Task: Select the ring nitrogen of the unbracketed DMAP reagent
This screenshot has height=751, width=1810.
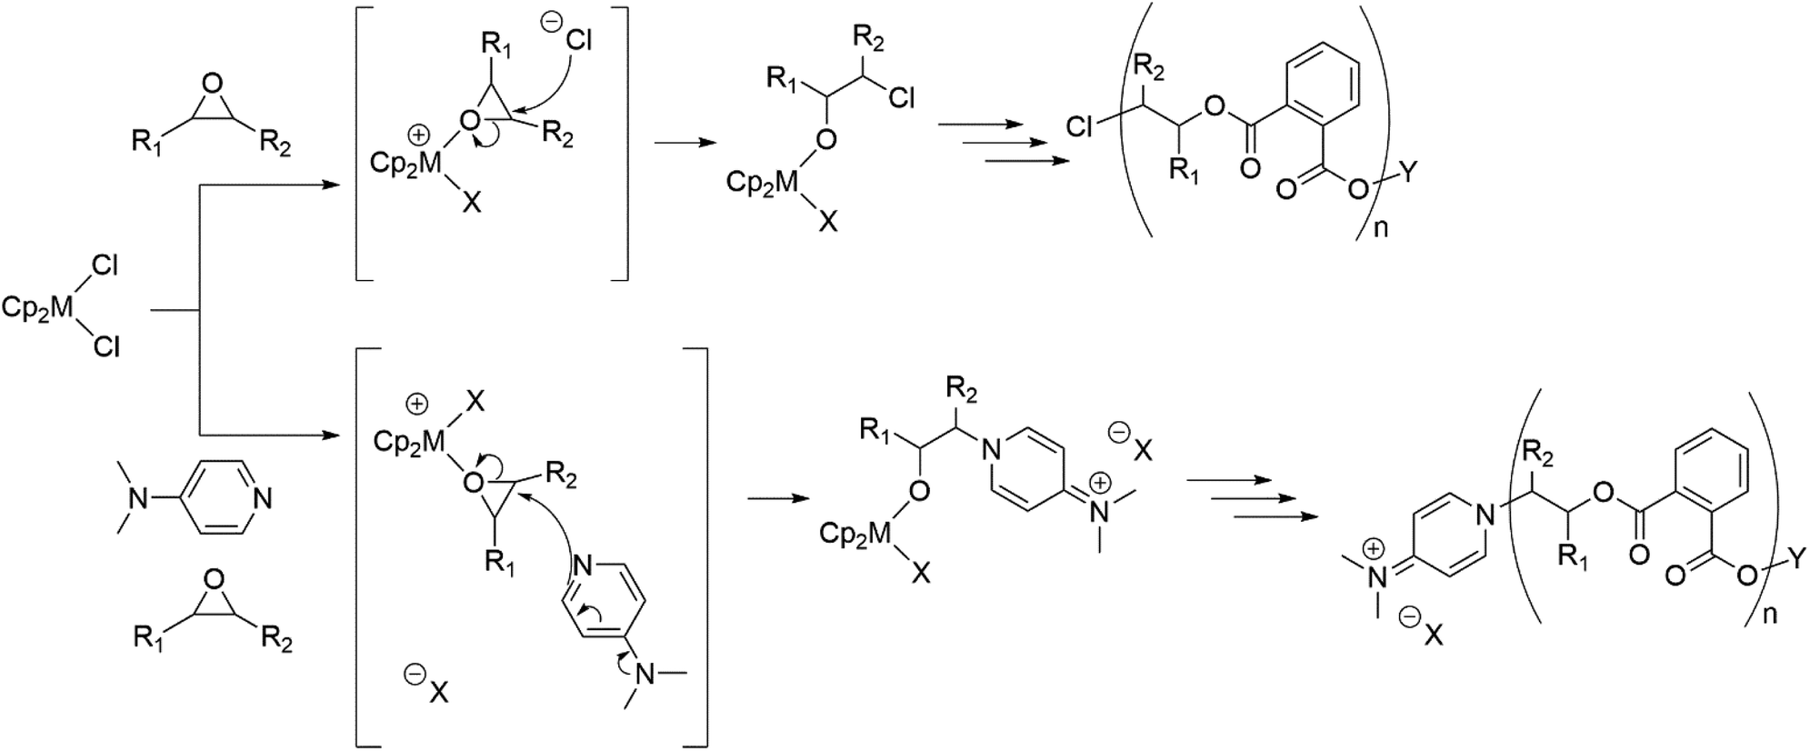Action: [x=263, y=498]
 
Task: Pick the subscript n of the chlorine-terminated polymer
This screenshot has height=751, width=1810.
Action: [x=1380, y=226]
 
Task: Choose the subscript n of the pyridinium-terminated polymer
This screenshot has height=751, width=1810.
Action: [x=1770, y=614]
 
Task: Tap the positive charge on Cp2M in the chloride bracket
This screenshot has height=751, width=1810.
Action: [x=419, y=135]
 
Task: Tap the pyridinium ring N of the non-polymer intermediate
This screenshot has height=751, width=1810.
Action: [x=992, y=447]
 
